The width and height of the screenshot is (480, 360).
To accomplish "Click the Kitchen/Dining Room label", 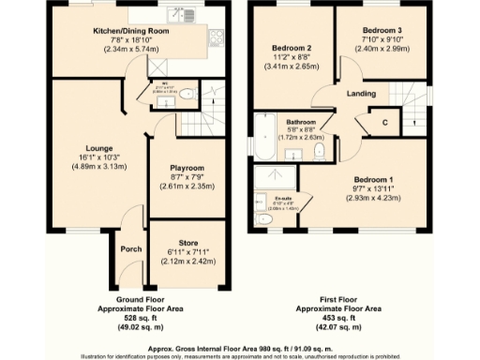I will (x=130, y=31).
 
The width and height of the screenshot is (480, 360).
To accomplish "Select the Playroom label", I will (x=186, y=168).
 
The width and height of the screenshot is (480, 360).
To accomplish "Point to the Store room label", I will (x=188, y=243).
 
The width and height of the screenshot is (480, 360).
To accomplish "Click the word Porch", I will (x=130, y=249).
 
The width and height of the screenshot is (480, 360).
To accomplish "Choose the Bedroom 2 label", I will (x=291, y=48).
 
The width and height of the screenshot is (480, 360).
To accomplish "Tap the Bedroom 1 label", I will (x=373, y=179).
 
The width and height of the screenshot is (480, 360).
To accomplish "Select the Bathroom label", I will (x=301, y=123).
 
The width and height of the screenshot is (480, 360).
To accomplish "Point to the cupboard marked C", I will (x=384, y=122).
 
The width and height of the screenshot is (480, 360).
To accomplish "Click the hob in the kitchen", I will (x=217, y=38).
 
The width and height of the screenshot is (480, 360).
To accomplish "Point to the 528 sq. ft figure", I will (x=148, y=319).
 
